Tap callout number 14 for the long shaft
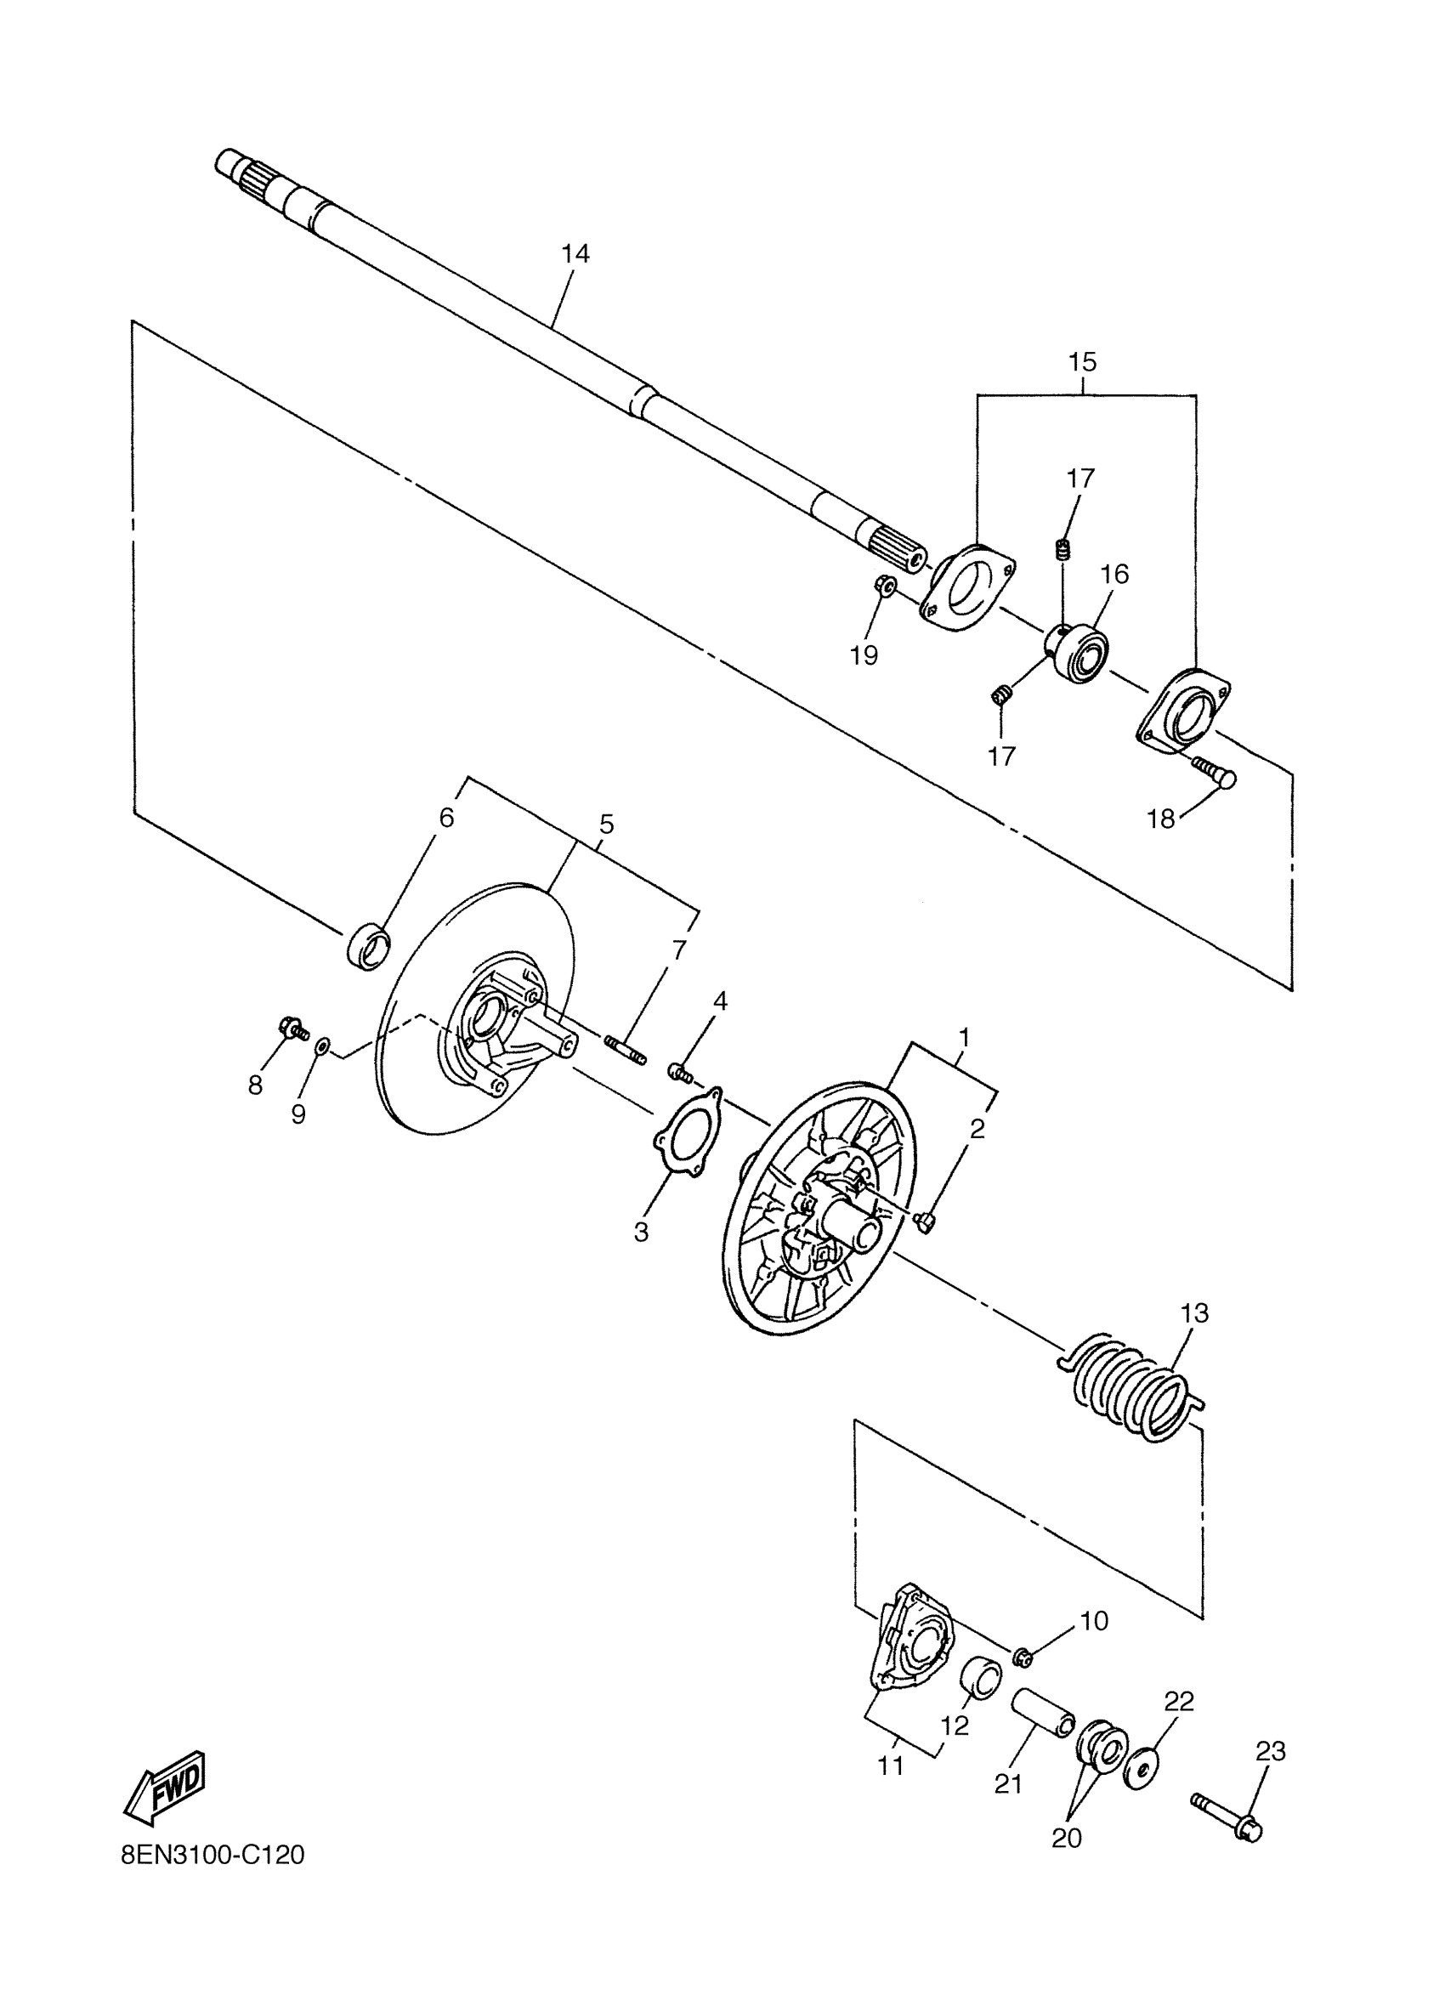tap(575, 254)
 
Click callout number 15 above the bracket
tap(1083, 361)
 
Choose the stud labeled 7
tap(626, 1050)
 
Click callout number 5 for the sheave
tap(606, 825)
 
